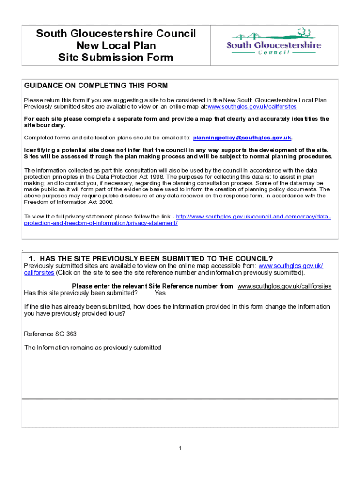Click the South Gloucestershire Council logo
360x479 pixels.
pyautogui.click(x=274, y=43)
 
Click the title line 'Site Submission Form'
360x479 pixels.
pyautogui.click(x=116, y=58)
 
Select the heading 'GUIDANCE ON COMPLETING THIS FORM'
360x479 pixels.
pyautogui.click(x=96, y=86)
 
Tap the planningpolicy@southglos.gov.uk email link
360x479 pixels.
pyautogui.click(x=242, y=138)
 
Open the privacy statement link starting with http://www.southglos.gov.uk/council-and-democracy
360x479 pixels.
pyautogui.click(x=253, y=217)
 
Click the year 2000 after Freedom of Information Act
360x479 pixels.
pyautogui.click(x=105, y=202)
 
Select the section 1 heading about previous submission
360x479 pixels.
pyautogui.click(x=151, y=259)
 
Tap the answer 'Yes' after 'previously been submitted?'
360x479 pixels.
pyautogui.click(x=160, y=293)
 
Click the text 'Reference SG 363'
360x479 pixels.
pyautogui.click(x=50, y=334)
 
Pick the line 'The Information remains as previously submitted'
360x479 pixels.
pyautogui.click(x=93, y=348)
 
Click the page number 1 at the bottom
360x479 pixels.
pyautogui.click(x=180, y=449)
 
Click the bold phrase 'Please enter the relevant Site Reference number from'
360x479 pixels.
pyautogui.click(x=152, y=286)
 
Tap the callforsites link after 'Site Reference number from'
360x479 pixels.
pyautogui.click(x=284, y=286)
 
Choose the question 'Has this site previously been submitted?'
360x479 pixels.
pyautogui.click(x=81, y=293)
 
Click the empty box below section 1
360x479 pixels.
pyautogui.click(x=180, y=414)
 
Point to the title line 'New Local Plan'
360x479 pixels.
pyautogui.click(x=116, y=46)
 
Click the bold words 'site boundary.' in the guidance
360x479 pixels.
pyautogui.click(x=45, y=125)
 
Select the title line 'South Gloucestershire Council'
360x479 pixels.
pyautogui.click(x=116, y=34)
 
